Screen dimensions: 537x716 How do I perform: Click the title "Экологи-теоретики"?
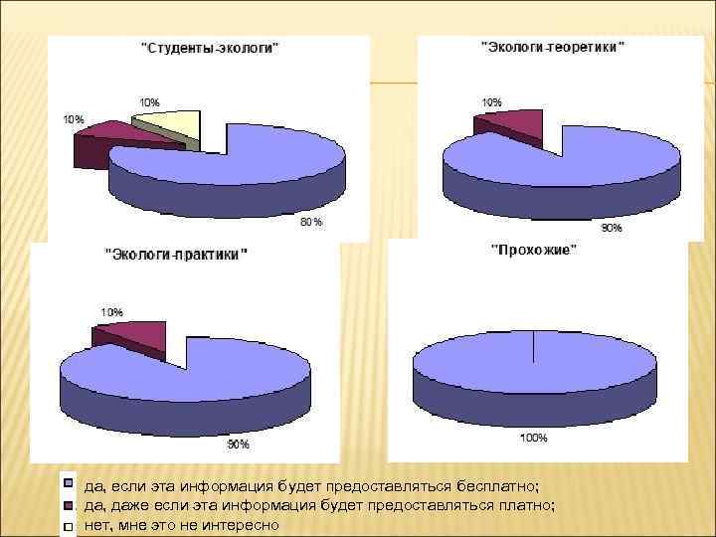552,47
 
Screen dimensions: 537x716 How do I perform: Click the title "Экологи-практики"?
177,255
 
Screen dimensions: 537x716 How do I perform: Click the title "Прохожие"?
533,251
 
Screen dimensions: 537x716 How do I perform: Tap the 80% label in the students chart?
311,222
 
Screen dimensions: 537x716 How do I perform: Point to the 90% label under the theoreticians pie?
611,228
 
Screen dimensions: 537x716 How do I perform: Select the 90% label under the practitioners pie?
238,444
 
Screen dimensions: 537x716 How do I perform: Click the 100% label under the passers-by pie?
534,437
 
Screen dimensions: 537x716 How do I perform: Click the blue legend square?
69,484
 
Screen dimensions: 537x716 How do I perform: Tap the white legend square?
69,525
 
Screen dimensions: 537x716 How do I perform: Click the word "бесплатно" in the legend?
495,485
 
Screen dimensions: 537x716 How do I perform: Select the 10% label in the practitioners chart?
109,312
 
